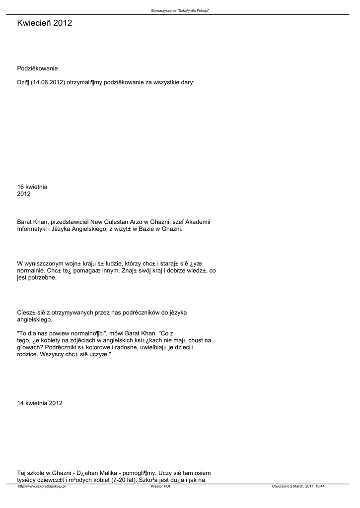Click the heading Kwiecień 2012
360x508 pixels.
[44, 23]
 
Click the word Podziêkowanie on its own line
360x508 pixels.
[37, 68]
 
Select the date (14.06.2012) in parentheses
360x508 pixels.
[48, 82]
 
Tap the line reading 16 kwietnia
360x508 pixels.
[32, 187]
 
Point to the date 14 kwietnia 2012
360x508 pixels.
[40, 403]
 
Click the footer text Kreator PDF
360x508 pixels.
[161, 487]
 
